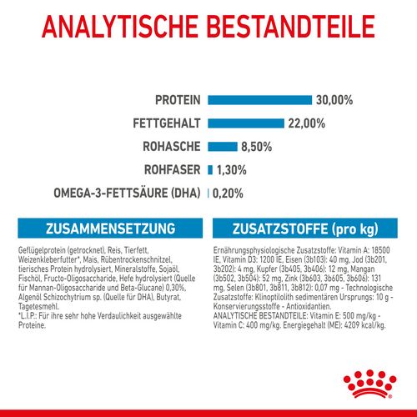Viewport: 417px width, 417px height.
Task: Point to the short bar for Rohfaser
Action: point(210,170)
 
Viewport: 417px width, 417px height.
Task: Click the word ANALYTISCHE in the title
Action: point(118,28)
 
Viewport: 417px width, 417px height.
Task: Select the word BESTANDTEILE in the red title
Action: point(297,28)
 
